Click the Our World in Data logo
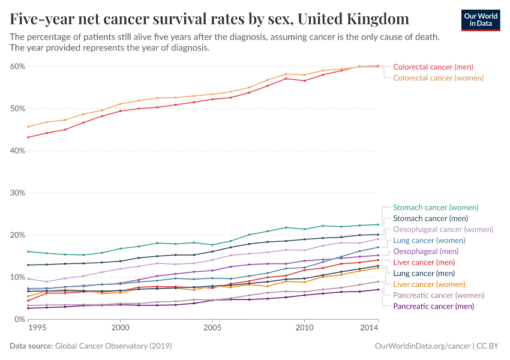pos(480,20)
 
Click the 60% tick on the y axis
pos(17,67)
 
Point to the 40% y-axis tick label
pos(17,151)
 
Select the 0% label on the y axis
pos(19,319)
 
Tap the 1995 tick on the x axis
pos(37,328)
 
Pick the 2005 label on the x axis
pos(212,328)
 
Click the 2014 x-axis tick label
pos(369,328)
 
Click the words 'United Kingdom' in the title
pos(353,19)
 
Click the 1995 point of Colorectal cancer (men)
pos(28,137)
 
